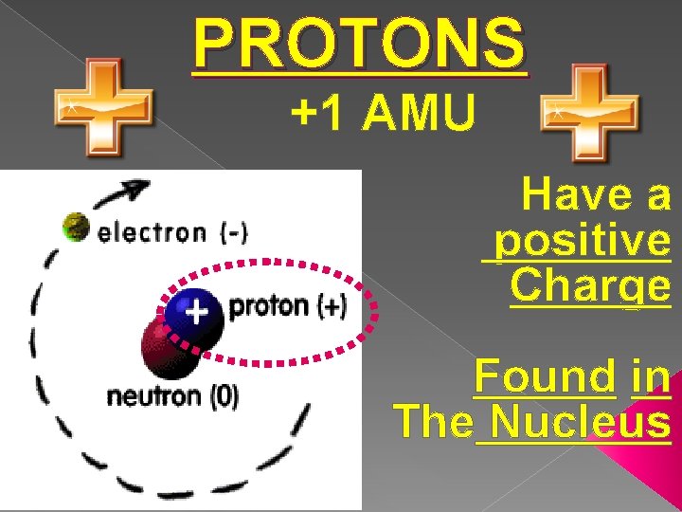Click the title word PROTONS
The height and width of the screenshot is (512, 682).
click(x=358, y=44)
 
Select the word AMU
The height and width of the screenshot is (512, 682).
click(x=418, y=115)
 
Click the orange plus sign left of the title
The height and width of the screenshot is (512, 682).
click(x=102, y=106)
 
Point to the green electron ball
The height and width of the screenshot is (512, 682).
click(x=75, y=227)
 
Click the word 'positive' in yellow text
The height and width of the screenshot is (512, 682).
click(x=582, y=242)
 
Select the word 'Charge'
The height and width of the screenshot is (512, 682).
click(x=590, y=284)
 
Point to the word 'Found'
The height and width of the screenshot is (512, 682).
click(x=545, y=376)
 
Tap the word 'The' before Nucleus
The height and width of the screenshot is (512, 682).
click(x=432, y=420)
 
